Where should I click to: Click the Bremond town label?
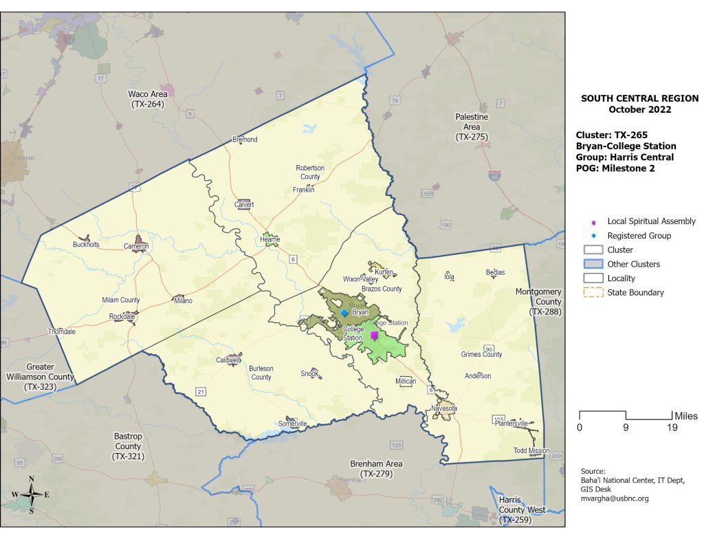[x=245, y=140]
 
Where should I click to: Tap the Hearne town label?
[x=270, y=239]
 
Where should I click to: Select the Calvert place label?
[x=244, y=205]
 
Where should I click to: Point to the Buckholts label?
[x=87, y=245]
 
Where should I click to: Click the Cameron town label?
[x=136, y=246]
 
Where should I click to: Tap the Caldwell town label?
[x=228, y=360]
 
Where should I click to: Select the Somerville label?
[x=293, y=423]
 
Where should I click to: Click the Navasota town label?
[x=444, y=408]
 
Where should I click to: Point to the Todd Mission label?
[x=531, y=451]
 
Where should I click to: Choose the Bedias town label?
[x=495, y=272]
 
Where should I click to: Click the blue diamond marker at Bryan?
[x=344, y=313]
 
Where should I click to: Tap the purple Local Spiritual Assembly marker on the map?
[x=374, y=335]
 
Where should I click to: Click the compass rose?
[x=31, y=493]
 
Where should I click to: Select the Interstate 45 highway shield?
[x=495, y=177]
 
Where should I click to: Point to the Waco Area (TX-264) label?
[x=146, y=99]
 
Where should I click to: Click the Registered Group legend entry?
[x=639, y=236]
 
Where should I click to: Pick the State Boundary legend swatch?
[x=593, y=292]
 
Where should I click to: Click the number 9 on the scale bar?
[x=625, y=428]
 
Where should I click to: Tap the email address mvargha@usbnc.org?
[x=615, y=498]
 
